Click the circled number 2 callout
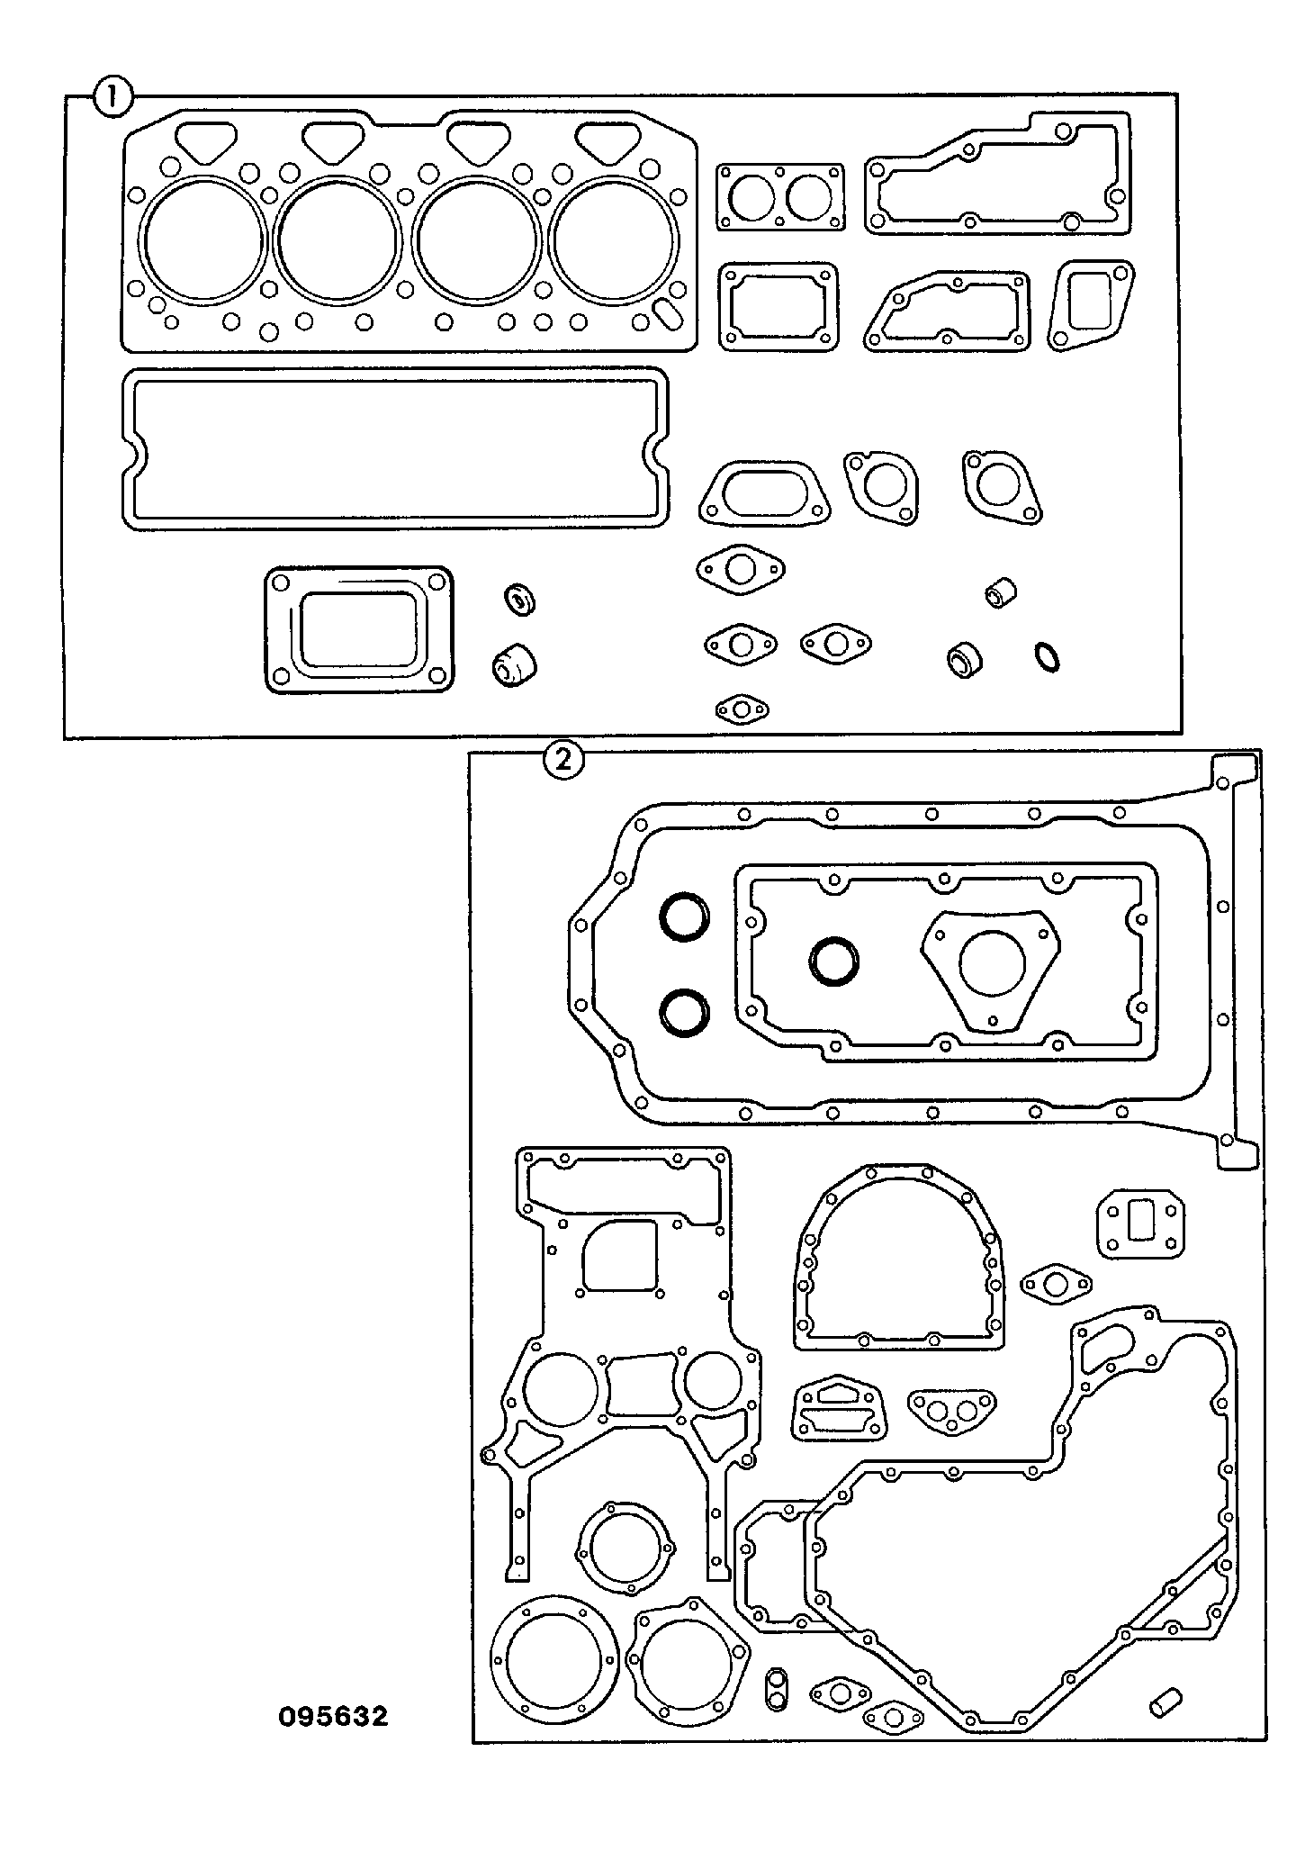click(x=564, y=762)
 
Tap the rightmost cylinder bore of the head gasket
click(x=612, y=239)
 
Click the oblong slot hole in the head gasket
click(x=669, y=315)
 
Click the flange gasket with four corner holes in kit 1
click(x=359, y=629)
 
